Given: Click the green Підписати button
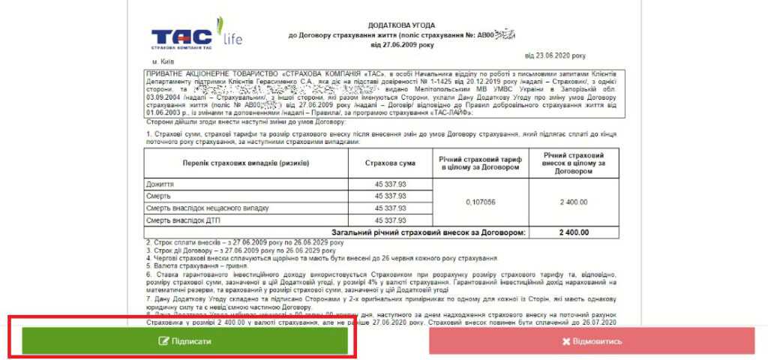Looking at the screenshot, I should [184, 341].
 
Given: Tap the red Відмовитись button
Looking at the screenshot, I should [591, 341].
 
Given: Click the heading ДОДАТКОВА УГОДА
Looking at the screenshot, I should [371, 25].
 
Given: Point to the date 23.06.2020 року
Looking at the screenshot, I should [555, 55].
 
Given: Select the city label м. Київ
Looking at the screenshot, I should [166, 61].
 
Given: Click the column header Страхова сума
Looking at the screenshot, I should [388, 163].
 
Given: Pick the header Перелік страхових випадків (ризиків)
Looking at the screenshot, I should [246, 163].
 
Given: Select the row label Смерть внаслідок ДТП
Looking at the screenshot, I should [186, 220].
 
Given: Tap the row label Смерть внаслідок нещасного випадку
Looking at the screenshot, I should [207, 208].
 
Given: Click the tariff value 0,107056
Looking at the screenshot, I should [480, 202].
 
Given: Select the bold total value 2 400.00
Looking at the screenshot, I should [574, 232].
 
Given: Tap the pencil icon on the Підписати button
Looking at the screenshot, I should [163, 341].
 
